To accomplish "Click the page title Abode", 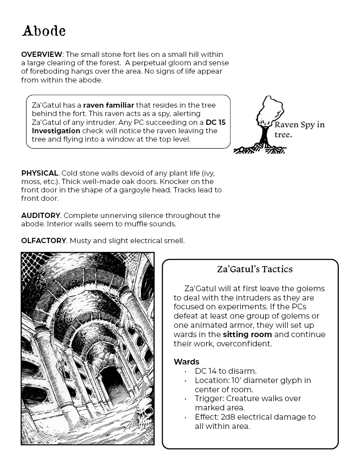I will pos(44,31).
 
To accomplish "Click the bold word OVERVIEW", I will pos(41,54).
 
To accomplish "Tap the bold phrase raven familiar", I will pos(109,105).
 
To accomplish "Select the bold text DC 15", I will pos(215,122).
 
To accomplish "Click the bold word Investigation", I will pos(56,131).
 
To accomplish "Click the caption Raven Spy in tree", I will pos(299,129).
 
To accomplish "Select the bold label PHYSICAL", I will pos(40,173).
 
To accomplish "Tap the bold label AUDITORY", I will pos(41,215).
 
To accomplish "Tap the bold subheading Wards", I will pos(187,362).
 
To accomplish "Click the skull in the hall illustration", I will pos(145,415).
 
